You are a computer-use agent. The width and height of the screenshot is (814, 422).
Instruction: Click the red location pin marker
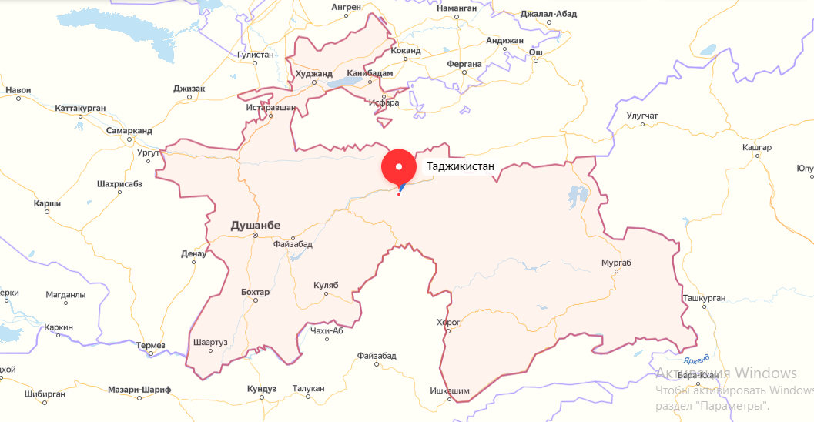click(x=399, y=167)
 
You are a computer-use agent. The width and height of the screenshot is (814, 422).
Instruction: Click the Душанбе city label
click(x=256, y=225)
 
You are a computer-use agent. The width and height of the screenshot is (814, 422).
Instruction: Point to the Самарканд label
click(x=129, y=131)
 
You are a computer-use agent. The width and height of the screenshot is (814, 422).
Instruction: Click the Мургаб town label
click(x=616, y=263)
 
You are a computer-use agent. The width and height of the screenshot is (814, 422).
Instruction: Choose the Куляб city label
click(x=326, y=285)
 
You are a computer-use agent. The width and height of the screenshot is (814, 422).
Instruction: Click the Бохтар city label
click(x=255, y=292)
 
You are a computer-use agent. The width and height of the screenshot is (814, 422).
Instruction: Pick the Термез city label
click(x=150, y=345)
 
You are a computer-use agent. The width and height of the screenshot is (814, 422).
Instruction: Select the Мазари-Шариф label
click(x=139, y=390)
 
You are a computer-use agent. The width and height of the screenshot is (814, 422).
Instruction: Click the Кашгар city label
click(x=756, y=146)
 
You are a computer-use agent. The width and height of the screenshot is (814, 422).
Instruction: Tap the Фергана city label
click(x=464, y=64)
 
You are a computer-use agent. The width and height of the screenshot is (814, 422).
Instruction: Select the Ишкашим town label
click(x=449, y=391)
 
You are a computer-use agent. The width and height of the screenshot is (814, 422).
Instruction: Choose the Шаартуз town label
click(x=211, y=343)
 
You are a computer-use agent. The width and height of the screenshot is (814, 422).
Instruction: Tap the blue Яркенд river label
click(x=695, y=358)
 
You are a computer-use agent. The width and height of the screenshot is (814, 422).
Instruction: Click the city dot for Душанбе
click(x=255, y=235)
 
